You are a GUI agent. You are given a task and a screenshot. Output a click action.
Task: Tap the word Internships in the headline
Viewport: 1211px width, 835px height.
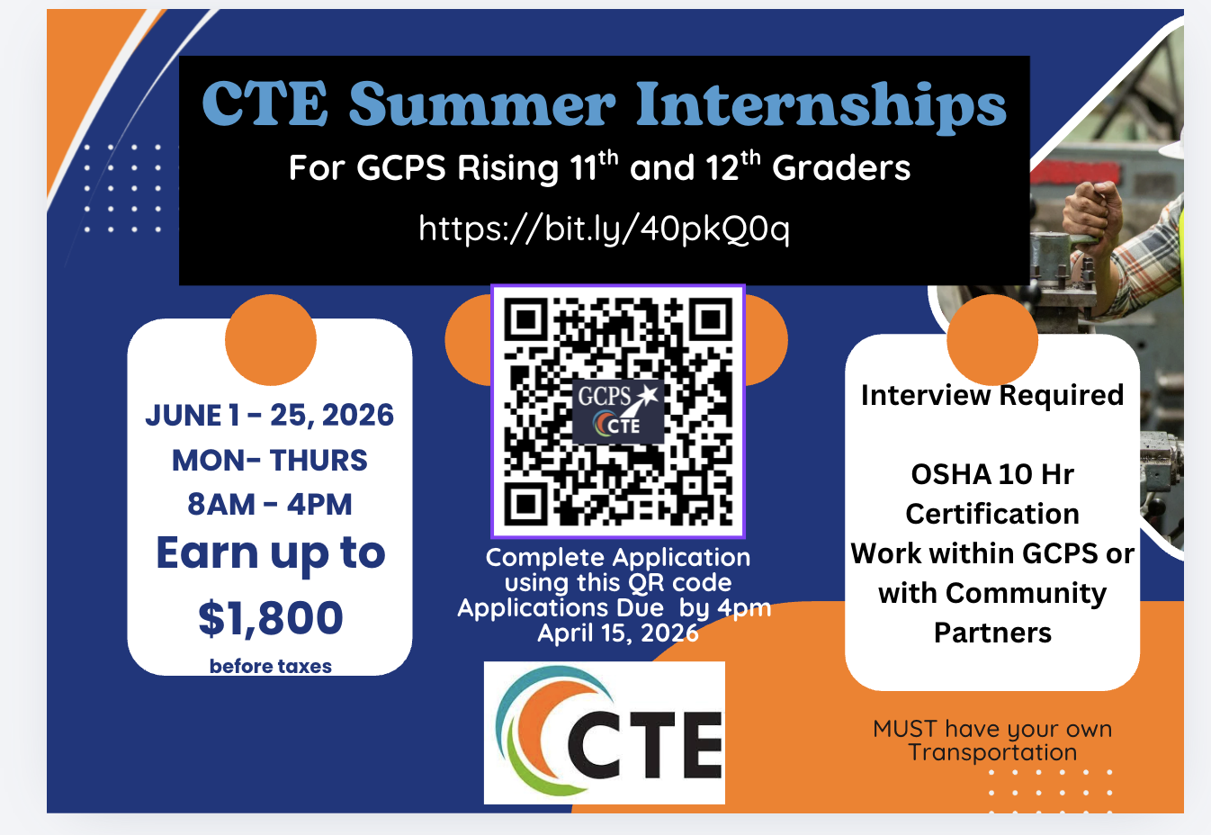pos(821,105)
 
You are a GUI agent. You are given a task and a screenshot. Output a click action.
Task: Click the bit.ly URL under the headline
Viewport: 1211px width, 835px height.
pos(604,229)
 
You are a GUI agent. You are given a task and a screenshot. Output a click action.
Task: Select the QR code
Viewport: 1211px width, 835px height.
pos(618,411)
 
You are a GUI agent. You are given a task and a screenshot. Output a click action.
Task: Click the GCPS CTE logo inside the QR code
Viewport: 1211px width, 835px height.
pos(618,411)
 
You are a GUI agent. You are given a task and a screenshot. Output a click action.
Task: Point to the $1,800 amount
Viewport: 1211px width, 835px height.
pos(270,618)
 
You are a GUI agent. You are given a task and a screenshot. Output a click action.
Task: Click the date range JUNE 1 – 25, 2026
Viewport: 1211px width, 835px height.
pos(269,416)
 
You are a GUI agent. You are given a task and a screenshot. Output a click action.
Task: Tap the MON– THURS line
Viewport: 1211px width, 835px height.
pos(269,460)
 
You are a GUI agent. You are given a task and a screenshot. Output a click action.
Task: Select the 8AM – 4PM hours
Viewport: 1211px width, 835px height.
pos(269,505)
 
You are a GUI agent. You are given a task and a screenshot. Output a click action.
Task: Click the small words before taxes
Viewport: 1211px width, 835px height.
pos(270,666)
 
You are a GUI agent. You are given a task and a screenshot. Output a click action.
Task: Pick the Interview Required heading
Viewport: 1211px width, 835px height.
pos(992,395)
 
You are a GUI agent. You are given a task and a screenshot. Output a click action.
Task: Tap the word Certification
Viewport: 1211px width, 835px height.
pos(992,514)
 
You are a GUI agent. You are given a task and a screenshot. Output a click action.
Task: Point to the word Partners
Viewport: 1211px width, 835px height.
pos(992,633)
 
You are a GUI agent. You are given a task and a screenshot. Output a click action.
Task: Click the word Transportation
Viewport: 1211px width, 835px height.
pos(992,752)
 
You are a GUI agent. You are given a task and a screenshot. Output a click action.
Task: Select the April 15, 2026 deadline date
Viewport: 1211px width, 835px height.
pos(618,633)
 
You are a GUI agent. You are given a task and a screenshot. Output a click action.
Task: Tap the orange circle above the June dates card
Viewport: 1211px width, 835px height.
pos(270,339)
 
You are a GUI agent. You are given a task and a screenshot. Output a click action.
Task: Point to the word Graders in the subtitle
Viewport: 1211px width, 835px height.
pos(841,167)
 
